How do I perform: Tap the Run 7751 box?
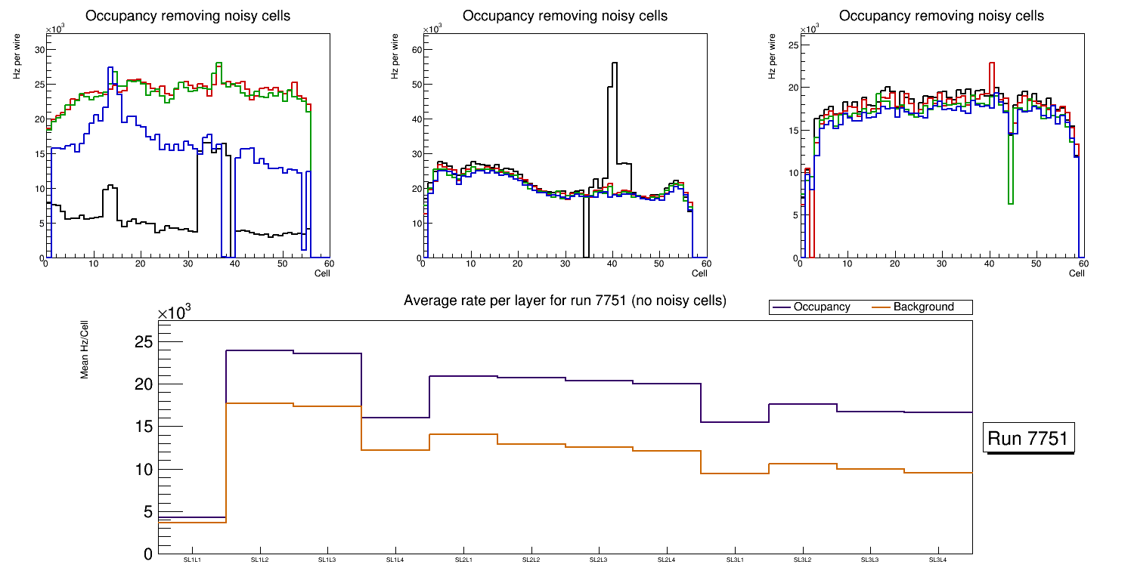coord(1029,439)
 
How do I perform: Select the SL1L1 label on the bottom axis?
coord(192,560)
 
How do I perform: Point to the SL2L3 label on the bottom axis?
coord(599,560)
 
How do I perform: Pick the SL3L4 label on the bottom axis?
coord(937,560)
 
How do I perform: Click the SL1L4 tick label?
coord(395,560)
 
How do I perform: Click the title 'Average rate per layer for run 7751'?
coord(565,301)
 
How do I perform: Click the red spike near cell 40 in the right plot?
coord(992,63)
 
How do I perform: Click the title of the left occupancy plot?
coord(187,16)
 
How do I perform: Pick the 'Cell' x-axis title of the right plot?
coord(1077,273)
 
